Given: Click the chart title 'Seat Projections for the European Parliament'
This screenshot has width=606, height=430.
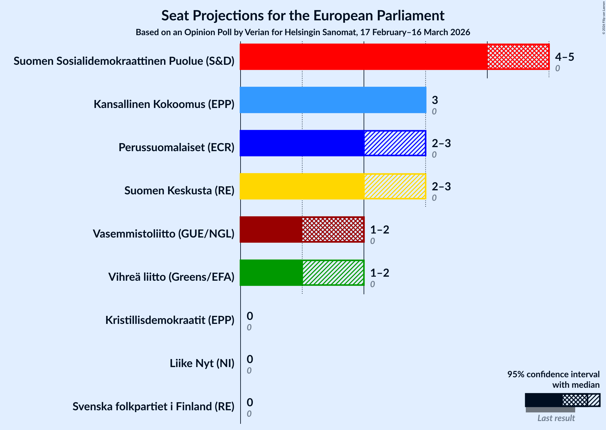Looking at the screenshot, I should [303, 15].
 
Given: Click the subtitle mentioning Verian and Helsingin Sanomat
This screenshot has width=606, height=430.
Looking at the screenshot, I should [303, 32].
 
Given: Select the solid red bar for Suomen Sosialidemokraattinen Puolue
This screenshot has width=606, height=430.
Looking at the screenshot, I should [363, 57].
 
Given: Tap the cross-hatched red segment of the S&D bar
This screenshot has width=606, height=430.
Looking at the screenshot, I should [518, 57].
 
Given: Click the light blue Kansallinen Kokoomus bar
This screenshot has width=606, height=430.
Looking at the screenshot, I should [333, 100].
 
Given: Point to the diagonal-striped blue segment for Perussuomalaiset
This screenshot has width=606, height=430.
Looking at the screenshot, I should [395, 143].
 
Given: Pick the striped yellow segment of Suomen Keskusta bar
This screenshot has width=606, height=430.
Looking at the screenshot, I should [395, 186].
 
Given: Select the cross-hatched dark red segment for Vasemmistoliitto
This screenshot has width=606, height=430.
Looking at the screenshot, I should [333, 229].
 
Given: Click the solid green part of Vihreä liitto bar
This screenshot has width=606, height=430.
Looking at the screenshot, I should [271, 273].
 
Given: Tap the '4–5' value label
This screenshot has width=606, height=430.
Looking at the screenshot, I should [564, 57].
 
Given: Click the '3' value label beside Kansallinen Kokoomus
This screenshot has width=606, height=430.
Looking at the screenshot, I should [435, 100].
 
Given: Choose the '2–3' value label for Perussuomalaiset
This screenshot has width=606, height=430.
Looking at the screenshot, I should [441, 143].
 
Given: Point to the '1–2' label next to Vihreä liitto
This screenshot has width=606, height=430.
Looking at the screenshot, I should [379, 273].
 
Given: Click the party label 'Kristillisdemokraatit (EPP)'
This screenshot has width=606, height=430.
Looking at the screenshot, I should [170, 320].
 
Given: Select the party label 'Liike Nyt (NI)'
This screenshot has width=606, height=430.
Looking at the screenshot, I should [202, 363].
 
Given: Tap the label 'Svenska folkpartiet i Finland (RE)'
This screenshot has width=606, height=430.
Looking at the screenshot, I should [153, 407].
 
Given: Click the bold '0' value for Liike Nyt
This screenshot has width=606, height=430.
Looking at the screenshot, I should [250, 359].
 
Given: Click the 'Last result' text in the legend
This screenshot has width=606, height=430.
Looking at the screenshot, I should [556, 418].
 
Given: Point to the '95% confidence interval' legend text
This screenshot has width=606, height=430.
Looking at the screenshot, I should [553, 374].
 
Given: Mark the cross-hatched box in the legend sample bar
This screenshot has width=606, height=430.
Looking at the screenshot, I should [575, 400].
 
